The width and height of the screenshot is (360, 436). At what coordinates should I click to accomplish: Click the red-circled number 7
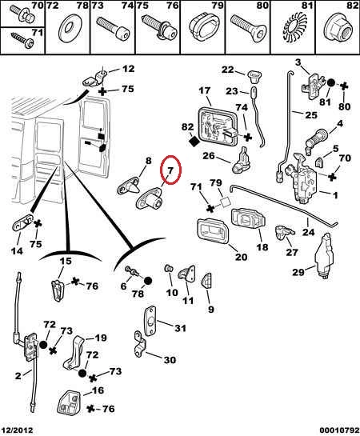tap(170, 170)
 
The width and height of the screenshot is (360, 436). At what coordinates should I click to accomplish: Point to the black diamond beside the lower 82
tap(194, 141)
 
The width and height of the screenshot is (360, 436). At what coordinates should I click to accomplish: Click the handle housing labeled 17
tap(218, 126)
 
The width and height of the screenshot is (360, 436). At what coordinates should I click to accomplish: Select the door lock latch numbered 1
tap(305, 178)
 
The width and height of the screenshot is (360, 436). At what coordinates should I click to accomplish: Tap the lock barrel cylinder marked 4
tap(316, 142)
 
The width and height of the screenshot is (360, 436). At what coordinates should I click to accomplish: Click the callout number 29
tap(299, 272)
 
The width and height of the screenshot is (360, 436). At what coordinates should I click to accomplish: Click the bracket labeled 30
tap(142, 344)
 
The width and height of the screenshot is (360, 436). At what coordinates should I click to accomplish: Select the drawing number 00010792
tap(339, 430)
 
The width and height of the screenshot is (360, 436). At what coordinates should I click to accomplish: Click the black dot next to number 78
tap(148, 281)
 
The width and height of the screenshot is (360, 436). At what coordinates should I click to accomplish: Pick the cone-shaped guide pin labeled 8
tap(130, 186)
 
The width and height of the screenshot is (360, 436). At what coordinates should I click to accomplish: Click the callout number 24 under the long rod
tap(309, 232)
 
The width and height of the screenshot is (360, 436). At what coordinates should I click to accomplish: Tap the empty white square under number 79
tap(226, 202)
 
